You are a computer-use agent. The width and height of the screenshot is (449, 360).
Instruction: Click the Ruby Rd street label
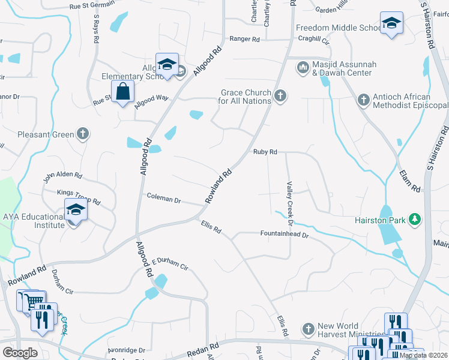click(x=265, y=152)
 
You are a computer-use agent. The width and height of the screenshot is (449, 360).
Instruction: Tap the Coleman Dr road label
click(x=164, y=198)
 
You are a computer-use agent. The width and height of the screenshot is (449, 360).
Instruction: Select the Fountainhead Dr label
click(x=284, y=235)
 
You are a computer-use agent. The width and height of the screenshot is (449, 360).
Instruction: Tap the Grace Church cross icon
click(x=280, y=96)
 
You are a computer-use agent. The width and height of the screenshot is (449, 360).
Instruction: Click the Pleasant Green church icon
click(x=83, y=134)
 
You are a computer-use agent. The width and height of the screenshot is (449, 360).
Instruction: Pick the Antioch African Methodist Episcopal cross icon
click(x=363, y=100)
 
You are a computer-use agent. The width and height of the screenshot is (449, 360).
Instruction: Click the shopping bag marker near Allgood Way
click(x=123, y=92)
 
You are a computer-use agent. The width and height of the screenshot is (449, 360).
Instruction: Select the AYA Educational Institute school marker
click(x=76, y=210)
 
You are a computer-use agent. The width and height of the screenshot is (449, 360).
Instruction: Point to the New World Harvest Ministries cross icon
click(x=308, y=329)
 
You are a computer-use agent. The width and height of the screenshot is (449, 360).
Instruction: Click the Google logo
click(x=20, y=353)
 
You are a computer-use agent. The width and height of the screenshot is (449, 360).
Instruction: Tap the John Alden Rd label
click(x=62, y=175)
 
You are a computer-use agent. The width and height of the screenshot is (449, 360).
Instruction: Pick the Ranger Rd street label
click(x=244, y=40)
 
